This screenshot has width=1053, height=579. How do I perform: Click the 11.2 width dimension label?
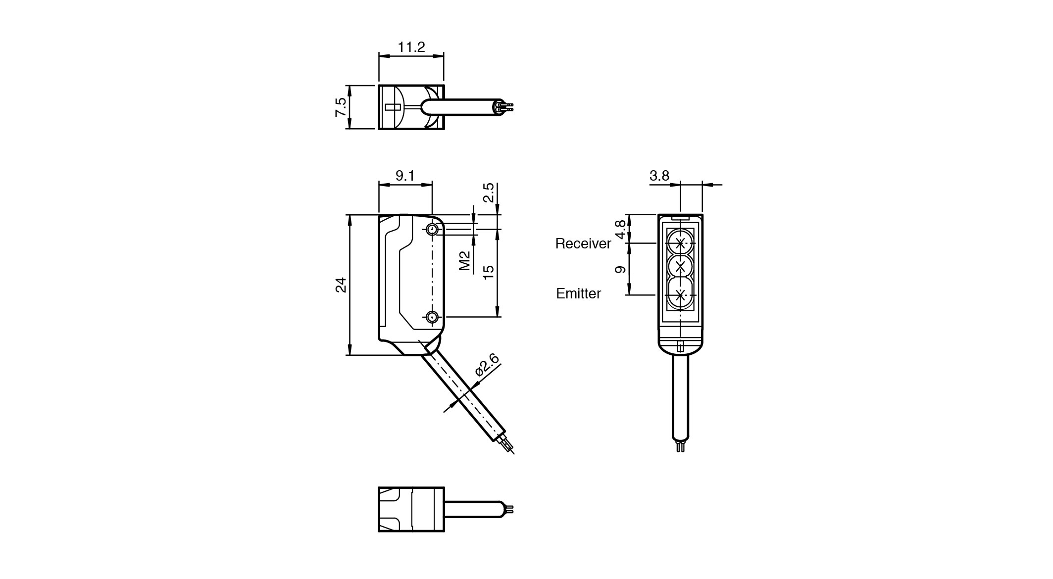[411, 48]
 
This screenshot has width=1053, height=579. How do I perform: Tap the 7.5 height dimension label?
[341, 107]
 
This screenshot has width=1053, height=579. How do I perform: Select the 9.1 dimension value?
[405, 176]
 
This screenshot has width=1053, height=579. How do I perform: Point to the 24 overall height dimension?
[341, 285]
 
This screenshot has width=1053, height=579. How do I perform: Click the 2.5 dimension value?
[489, 193]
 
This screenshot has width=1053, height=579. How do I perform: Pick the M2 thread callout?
[464, 260]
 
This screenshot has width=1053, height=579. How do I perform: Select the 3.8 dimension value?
[659, 176]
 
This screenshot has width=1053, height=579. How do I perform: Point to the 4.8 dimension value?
[620, 229]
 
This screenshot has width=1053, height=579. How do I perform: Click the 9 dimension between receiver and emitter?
[620, 270]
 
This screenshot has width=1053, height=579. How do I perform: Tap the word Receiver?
[583, 243]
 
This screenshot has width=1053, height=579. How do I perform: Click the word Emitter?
[578, 293]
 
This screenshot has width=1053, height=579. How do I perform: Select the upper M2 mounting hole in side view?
[432, 230]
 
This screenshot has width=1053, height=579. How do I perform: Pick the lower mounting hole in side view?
[432, 317]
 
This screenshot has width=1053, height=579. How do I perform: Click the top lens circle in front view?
[680, 243]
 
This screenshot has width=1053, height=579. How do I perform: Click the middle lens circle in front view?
[680, 267]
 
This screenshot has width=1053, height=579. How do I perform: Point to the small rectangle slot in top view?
[393, 107]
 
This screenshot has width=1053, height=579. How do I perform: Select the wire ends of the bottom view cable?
[510, 509]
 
